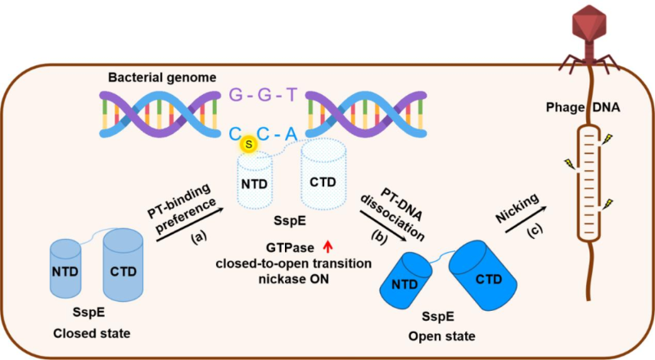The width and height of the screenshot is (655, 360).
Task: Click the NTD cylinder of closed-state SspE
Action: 72,269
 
